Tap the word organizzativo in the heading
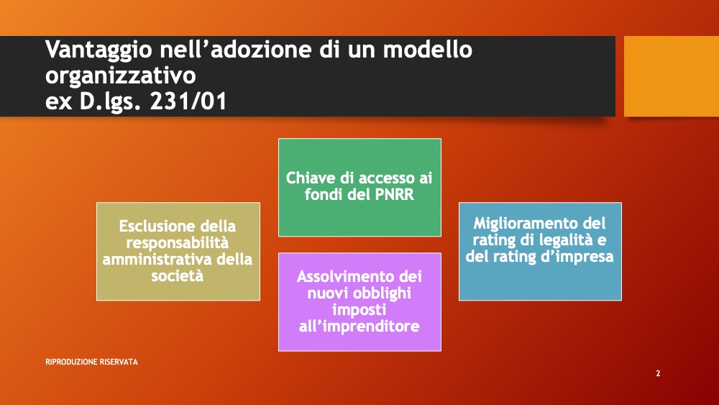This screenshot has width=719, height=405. point(121,76)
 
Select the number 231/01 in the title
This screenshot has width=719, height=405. point(188,101)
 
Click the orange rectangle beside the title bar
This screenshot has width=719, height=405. point(672,76)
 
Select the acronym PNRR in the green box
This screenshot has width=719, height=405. point(394,194)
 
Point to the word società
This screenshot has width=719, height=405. point(178,276)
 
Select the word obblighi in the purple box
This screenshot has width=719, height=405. point(383,293)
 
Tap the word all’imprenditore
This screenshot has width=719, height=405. point(359,326)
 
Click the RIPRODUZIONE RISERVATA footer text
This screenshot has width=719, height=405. point(92,362)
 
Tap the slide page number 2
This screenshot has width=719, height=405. point(658,373)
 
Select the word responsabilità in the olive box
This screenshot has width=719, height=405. point(178,242)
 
